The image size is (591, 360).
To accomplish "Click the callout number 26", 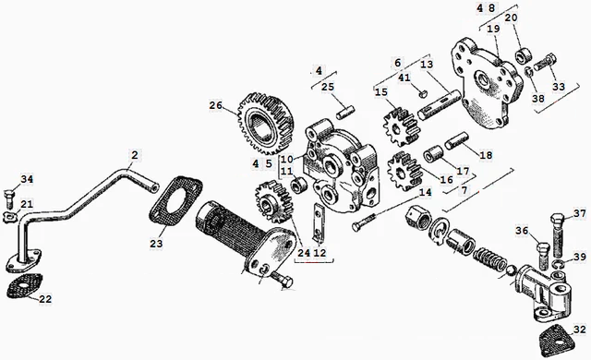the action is click(216, 106).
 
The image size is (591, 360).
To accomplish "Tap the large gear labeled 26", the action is click(266, 123).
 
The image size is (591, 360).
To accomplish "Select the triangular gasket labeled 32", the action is click(554, 340).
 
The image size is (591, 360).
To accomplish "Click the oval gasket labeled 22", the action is click(25, 285).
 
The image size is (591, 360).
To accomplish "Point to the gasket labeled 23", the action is click(175, 201).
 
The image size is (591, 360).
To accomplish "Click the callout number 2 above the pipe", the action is click(135, 155).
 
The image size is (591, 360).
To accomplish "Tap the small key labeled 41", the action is click(423, 92).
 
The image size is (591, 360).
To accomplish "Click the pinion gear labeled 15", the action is click(400, 126).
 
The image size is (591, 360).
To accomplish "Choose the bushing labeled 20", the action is click(524, 55).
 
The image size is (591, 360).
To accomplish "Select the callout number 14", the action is click(425, 192).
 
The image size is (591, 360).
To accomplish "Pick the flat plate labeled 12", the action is click(319, 223).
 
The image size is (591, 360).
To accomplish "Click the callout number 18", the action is click(486, 155).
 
